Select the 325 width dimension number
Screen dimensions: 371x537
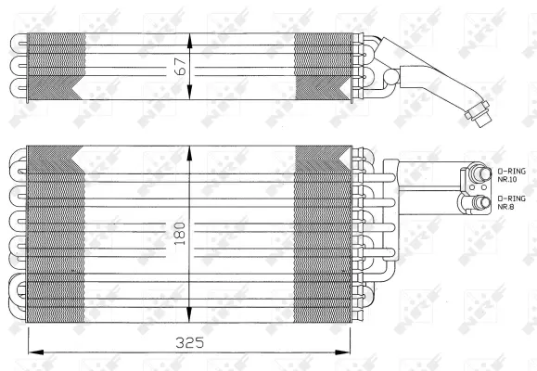(191, 342)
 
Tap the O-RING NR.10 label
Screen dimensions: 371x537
(511, 175)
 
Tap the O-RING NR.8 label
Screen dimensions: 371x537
(510, 202)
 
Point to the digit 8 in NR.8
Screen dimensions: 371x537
(513, 207)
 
